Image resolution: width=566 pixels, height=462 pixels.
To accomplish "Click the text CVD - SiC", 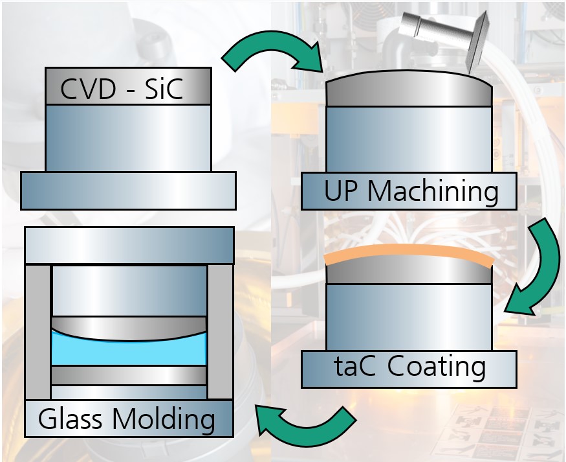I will point(122,90).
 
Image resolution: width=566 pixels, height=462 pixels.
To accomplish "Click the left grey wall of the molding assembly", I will point(38,331).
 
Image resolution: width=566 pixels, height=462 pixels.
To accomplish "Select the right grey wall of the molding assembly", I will point(220,331).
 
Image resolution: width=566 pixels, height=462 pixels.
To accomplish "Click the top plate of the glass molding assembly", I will point(128,246).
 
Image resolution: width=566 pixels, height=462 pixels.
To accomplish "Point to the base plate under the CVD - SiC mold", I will point(128,191).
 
